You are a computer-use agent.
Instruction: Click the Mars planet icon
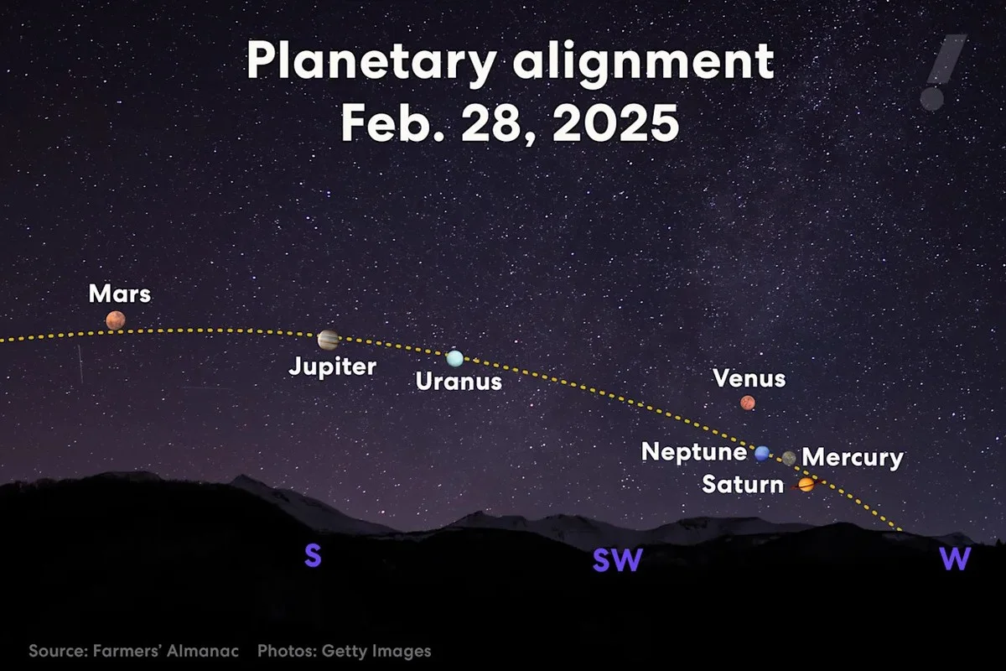[x=116, y=320]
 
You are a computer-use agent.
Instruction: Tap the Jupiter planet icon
[x=328, y=340]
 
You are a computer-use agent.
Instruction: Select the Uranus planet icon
[x=454, y=358]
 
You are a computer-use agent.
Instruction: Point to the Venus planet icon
[x=747, y=403]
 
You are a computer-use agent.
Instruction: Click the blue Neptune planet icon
[x=761, y=454]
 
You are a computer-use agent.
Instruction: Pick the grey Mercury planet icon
[x=789, y=458]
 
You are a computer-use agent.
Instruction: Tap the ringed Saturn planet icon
[x=806, y=484]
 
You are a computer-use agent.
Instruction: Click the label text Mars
[x=120, y=294]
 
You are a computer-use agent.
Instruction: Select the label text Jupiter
[x=333, y=367]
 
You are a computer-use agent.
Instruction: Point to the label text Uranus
[x=459, y=382]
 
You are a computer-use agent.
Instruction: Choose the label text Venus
[x=749, y=378]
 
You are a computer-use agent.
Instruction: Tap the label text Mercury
[x=853, y=458]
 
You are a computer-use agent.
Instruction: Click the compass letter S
[x=313, y=555]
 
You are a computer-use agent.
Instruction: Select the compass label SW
[x=617, y=560]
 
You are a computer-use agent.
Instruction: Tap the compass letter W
[x=955, y=559]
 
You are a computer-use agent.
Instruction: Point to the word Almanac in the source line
[x=203, y=651]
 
